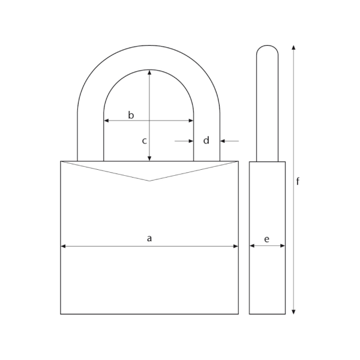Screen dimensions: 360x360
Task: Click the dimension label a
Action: pyautogui.click(x=149, y=238)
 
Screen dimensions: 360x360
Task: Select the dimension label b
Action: pyautogui.click(x=131, y=115)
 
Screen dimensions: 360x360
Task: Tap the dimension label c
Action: pyautogui.click(x=144, y=141)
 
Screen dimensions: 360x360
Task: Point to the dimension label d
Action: pyautogui.click(x=206, y=140)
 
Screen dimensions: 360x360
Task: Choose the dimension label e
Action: pyautogui.click(x=266, y=239)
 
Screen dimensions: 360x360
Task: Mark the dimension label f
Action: pyautogui.click(x=298, y=182)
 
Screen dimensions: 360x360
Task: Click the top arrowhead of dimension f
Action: pyautogui.click(x=293, y=47)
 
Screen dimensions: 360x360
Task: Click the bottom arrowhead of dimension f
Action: pyautogui.click(x=293, y=311)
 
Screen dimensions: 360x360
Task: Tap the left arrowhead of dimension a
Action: pyautogui.click(x=63, y=245)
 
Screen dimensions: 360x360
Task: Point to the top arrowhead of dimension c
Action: pyautogui.click(x=149, y=71)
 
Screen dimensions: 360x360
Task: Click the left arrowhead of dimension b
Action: pyautogui.click(x=107, y=121)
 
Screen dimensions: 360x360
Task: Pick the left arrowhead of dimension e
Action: pyautogui.click(x=252, y=245)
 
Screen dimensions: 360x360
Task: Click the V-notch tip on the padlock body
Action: pyautogui.click(x=149, y=181)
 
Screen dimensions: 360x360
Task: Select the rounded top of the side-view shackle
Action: pyautogui.click(x=267, y=46)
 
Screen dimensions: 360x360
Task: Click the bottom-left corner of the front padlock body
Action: pyautogui.click(x=61, y=314)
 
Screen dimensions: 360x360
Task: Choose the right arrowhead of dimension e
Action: pyautogui.click(x=283, y=245)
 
